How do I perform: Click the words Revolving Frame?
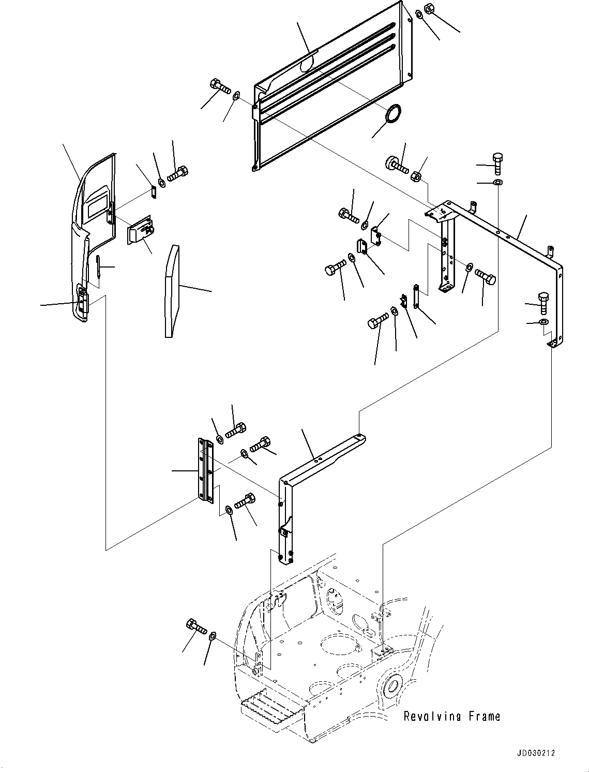[x=451, y=716]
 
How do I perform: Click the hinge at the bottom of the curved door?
[x=82, y=300]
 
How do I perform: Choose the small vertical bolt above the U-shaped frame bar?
[x=497, y=164]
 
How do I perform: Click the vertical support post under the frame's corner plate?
[x=446, y=254]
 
